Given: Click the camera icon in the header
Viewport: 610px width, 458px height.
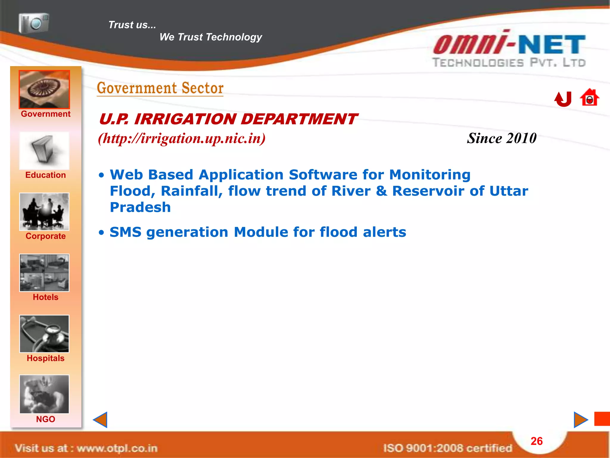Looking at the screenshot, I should pyautogui.click(x=34, y=23).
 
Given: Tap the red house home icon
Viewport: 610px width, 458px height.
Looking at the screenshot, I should pyautogui.click(x=589, y=98).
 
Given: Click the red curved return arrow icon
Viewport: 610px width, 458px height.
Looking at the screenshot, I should pyautogui.click(x=563, y=99).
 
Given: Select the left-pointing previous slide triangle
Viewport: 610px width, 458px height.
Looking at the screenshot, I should pyautogui.click(x=101, y=420).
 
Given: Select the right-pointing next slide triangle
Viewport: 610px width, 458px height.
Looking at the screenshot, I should pyautogui.click(x=580, y=420).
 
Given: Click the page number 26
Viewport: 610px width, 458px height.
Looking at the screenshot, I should pyautogui.click(x=536, y=441).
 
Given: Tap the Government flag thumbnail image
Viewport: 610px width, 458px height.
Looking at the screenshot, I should pyautogui.click(x=44, y=89).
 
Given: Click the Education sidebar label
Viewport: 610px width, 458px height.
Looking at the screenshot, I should pyautogui.click(x=46, y=175).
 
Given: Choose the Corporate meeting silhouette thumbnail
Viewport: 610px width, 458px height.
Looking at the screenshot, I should pyautogui.click(x=44, y=211).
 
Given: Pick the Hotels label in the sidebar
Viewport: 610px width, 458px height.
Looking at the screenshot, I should pyautogui.click(x=46, y=297).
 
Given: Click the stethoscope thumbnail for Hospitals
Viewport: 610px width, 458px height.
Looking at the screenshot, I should pyautogui.click(x=44, y=334).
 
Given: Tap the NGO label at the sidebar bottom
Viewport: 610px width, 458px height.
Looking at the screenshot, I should pyautogui.click(x=46, y=419).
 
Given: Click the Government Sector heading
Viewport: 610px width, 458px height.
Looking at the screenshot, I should pyautogui.click(x=160, y=88).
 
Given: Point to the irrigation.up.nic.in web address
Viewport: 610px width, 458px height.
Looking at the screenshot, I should pyautogui.click(x=182, y=138).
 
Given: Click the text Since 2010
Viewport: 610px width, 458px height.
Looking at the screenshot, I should pyautogui.click(x=502, y=138).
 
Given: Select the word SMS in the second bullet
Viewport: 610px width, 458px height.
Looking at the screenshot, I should pyautogui.click(x=125, y=232).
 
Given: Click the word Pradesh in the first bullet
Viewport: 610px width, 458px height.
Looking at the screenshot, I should pyautogui.click(x=140, y=207).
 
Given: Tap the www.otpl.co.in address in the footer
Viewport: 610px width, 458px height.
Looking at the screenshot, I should pyautogui.click(x=117, y=448).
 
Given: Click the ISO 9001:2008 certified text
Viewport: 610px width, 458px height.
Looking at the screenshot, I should pyautogui.click(x=447, y=448).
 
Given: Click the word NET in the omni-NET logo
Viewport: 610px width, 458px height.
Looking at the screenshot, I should pyautogui.click(x=552, y=45).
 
